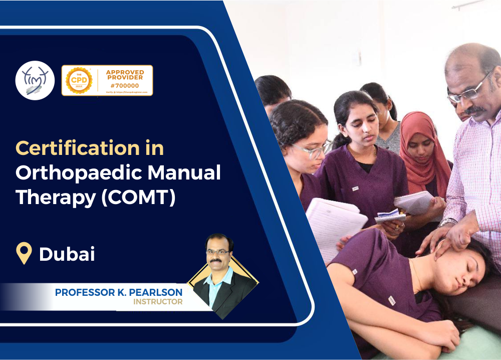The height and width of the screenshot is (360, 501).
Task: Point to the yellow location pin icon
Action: (x=24, y=254)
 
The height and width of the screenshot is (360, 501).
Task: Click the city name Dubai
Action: (x=67, y=254)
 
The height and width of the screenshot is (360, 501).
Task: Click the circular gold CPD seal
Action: (x=79, y=80)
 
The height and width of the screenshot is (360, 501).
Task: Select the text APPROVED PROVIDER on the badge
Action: (x=124, y=75)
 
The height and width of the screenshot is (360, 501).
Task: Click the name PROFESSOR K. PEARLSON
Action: (x=119, y=292)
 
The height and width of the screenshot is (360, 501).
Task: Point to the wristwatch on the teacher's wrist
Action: (x=448, y=222)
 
